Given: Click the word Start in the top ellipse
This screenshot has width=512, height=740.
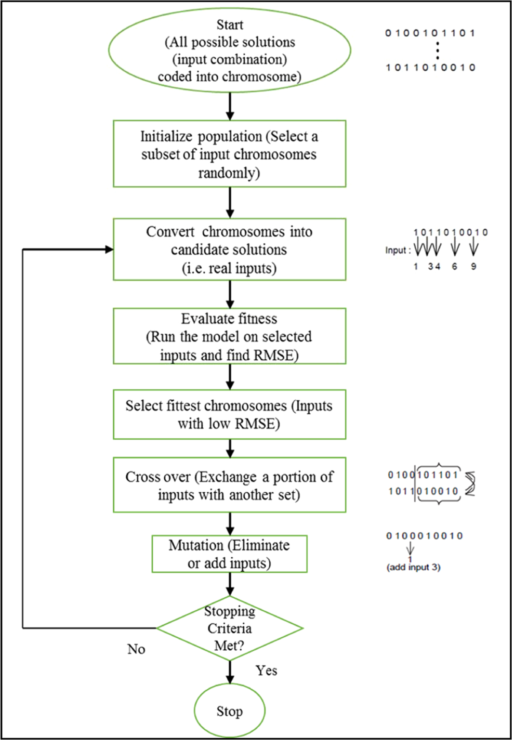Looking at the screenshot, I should tap(229, 25).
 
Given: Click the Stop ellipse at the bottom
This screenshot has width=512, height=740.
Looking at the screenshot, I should tap(229, 711).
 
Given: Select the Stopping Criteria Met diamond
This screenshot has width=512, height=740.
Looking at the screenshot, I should tap(229, 628).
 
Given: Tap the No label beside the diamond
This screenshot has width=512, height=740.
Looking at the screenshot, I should tap(136, 649).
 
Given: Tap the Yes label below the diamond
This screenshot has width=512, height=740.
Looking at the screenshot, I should tap(266, 670).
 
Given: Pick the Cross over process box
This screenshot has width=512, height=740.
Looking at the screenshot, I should tap(229, 485).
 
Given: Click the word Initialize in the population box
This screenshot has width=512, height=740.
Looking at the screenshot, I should tap(163, 137).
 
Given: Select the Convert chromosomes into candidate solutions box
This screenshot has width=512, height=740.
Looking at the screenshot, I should tap(229, 249).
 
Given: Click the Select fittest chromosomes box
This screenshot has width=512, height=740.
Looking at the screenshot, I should tap(229, 414).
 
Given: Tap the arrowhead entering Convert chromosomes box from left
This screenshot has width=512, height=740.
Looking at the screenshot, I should tap(109, 249).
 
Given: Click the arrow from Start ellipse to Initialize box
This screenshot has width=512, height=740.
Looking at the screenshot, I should tap(230, 106).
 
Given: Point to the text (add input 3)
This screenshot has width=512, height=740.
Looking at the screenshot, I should tap(413, 567).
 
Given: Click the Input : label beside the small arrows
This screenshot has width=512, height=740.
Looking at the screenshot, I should tap(398, 250).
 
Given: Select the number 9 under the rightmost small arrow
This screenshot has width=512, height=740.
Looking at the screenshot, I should tap(474, 267).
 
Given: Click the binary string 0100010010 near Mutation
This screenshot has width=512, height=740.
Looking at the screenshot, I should tap(424, 536).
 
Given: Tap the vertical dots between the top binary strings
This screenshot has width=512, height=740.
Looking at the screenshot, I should tap(438, 51).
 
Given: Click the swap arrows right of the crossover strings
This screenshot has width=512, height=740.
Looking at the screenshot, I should tap(471, 484).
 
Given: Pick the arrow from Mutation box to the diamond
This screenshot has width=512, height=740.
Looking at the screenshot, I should tap(230, 584).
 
